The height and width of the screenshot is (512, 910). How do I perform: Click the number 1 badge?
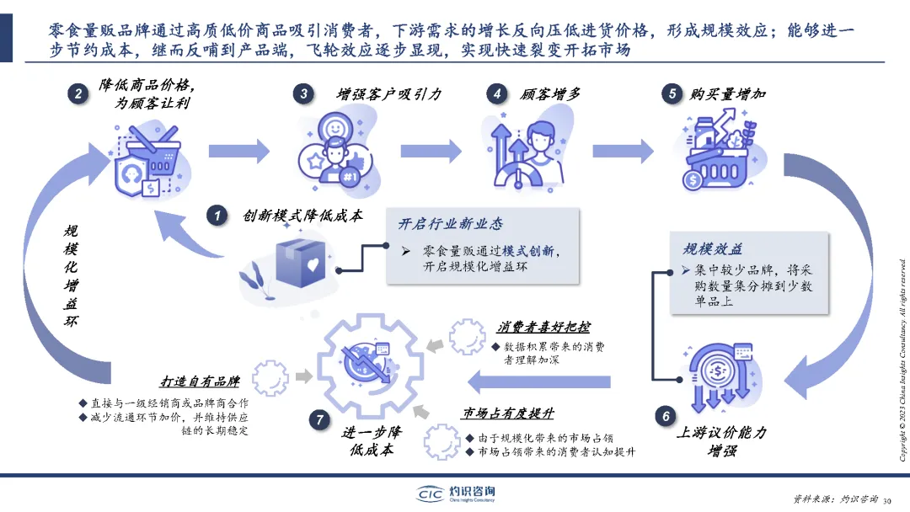point(218,216)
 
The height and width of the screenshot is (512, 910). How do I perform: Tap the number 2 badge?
point(78,94)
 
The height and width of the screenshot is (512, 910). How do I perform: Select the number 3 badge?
point(304,94)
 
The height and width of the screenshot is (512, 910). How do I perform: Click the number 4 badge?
point(499,94)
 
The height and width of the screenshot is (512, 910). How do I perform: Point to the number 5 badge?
point(672,94)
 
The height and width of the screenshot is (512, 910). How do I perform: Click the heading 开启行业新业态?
point(451,224)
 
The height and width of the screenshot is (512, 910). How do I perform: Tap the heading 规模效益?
point(713,249)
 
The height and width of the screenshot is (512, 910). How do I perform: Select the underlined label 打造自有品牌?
point(201,381)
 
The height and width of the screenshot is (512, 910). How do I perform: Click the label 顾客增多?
point(550,94)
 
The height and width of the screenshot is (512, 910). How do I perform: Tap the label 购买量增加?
point(727,94)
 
